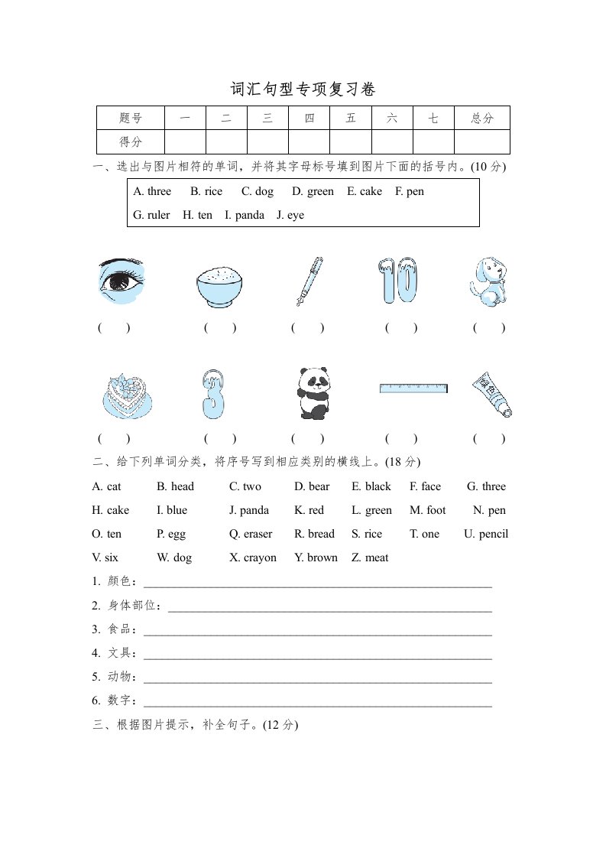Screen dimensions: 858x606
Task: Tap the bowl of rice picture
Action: tap(220, 286)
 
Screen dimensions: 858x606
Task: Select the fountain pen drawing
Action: tap(310, 281)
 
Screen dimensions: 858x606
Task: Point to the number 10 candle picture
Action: tap(398, 281)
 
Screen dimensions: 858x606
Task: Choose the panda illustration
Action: tap(311, 392)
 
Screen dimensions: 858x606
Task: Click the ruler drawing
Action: tap(413, 388)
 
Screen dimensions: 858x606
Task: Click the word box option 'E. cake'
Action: tap(364, 191)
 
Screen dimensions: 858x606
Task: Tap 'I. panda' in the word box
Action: tap(245, 215)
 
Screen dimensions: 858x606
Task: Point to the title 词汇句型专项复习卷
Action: tap(303, 89)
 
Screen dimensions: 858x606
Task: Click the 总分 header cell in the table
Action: tap(482, 118)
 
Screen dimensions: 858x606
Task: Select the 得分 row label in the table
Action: tap(131, 142)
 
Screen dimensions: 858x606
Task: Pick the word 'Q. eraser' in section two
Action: tap(251, 534)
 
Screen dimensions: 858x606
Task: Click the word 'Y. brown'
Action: tap(316, 557)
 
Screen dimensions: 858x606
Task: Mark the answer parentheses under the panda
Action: tap(308, 439)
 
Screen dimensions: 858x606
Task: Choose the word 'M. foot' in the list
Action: tap(428, 510)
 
